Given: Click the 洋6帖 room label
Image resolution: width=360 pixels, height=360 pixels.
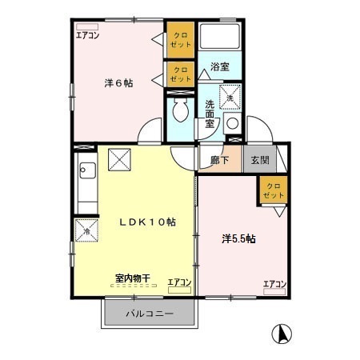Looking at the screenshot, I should click(x=118, y=82).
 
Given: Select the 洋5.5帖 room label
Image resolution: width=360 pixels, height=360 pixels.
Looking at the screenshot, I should click(x=238, y=238).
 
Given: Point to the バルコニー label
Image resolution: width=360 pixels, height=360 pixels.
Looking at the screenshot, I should click(x=149, y=313).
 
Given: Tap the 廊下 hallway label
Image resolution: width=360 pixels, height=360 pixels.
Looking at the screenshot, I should click(x=220, y=159).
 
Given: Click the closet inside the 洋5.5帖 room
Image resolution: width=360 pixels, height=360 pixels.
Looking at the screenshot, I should click(x=273, y=191).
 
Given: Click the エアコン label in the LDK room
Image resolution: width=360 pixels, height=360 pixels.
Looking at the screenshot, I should click(x=179, y=282).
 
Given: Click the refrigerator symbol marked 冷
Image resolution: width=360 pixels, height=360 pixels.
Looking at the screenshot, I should click(x=87, y=231).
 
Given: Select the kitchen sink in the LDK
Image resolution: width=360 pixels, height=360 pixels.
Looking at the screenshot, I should click(x=87, y=171).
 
